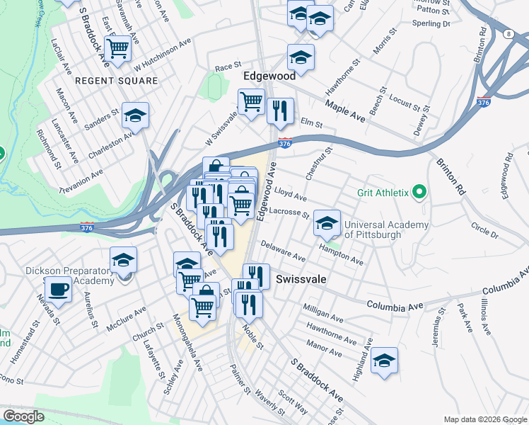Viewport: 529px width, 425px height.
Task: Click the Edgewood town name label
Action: (269, 75)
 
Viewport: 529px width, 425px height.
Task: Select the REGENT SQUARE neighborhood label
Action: (117, 81)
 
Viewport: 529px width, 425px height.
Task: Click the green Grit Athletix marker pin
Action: (419, 192)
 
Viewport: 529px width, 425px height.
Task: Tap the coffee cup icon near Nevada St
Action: (58, 289)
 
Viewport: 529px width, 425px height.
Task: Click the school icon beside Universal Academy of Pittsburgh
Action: (327, 223)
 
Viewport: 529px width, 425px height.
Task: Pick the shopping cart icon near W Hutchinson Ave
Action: (118, 47)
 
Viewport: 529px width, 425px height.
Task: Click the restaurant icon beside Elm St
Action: (281, 110)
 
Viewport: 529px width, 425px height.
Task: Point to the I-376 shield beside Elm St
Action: (285, 143)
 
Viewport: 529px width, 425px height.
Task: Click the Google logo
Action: (23, 416)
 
